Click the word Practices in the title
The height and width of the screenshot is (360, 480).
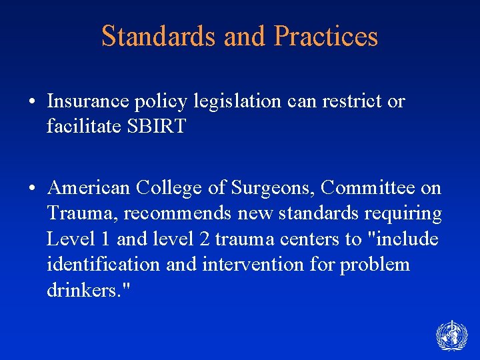pyautogui.click(x=326, y=37)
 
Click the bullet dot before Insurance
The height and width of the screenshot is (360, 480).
pyautogui.click(x=33, y=102)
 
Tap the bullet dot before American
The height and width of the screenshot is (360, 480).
pyautogui.click(x=33, y=189)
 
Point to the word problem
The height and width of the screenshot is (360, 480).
pyautogui.click(x=375, y=264)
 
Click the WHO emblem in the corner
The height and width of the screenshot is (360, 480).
pyautogui.click(x=451, y=335)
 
